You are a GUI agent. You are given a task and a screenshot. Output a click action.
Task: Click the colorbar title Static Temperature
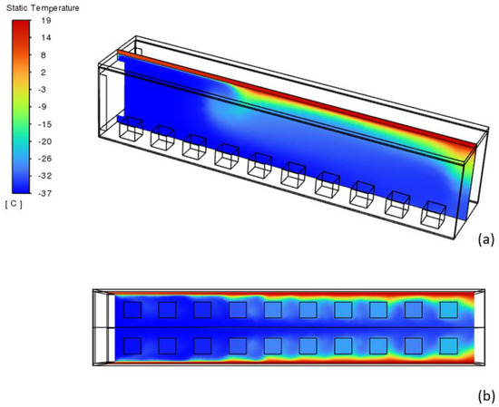(43, 8)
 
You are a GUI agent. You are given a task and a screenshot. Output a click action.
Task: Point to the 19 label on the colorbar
(46, 21)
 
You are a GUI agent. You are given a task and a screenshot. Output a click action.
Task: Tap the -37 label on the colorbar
(44, 193)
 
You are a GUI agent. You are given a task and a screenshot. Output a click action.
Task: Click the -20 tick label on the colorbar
(44, 141)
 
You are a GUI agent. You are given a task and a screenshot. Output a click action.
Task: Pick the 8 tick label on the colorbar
(44, 55)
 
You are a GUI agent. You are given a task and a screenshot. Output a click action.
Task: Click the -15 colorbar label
(44, 124)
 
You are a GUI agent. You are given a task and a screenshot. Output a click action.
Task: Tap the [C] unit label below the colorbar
(14, 205)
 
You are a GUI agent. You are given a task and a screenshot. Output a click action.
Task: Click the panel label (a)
(486, 239)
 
